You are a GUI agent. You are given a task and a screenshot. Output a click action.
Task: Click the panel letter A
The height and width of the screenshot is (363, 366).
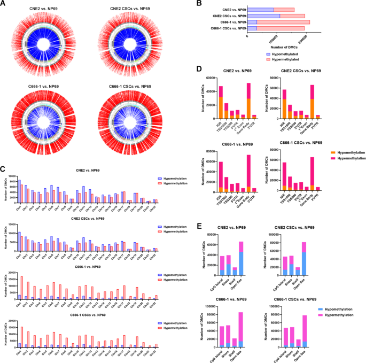pos(4,4)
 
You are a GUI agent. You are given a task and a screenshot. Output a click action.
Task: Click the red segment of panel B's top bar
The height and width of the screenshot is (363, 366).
pos(284,10)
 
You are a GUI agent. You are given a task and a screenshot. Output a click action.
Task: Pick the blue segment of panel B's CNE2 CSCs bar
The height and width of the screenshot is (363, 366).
pos(264,16)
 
